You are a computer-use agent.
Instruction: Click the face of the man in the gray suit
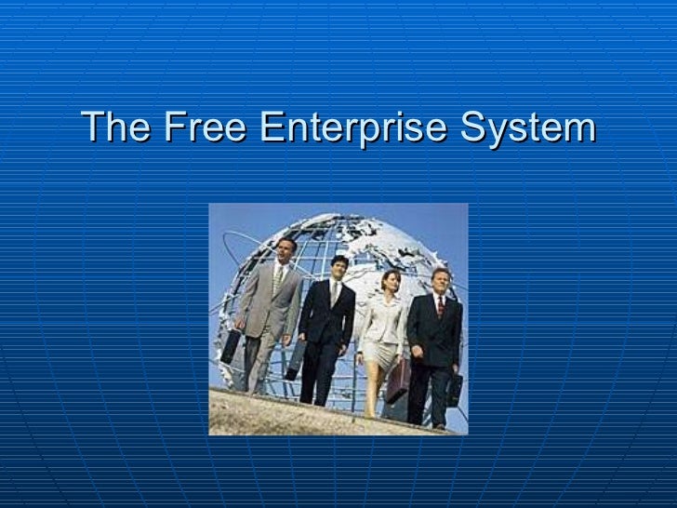[286, 250]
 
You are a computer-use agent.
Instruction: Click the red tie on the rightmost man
[440, 306]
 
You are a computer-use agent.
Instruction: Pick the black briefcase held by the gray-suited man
[230, 346]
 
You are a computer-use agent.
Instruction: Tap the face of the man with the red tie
[439, 280]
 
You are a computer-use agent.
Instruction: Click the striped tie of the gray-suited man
[278, 279]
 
